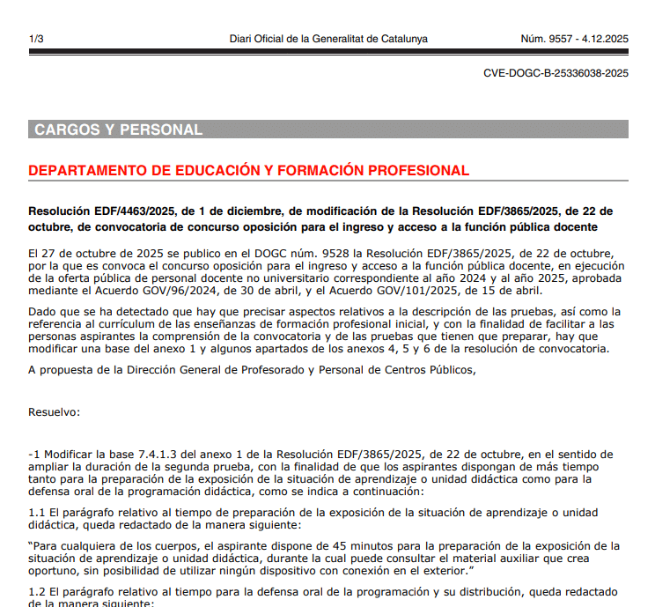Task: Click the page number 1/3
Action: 36,39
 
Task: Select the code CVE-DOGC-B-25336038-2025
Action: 556,73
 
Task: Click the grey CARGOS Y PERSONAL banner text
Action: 119,130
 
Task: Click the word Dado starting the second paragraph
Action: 42,312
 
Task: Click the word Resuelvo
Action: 54,411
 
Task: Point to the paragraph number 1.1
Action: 37,513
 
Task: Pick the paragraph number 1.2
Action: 37,591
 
